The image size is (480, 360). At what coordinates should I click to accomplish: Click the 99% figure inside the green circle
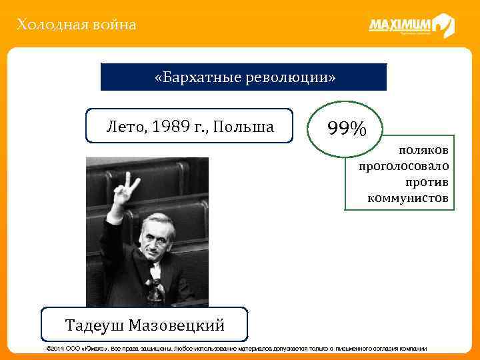pyautogui.click(x=346, y=127)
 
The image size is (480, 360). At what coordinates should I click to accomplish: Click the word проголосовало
pyautogui.click(x=403, y=167)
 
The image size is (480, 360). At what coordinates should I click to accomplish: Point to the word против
pyautogui.click(x=427, y=182)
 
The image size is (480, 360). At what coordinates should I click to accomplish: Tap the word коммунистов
pyautogui.click(x=407, y=198)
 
